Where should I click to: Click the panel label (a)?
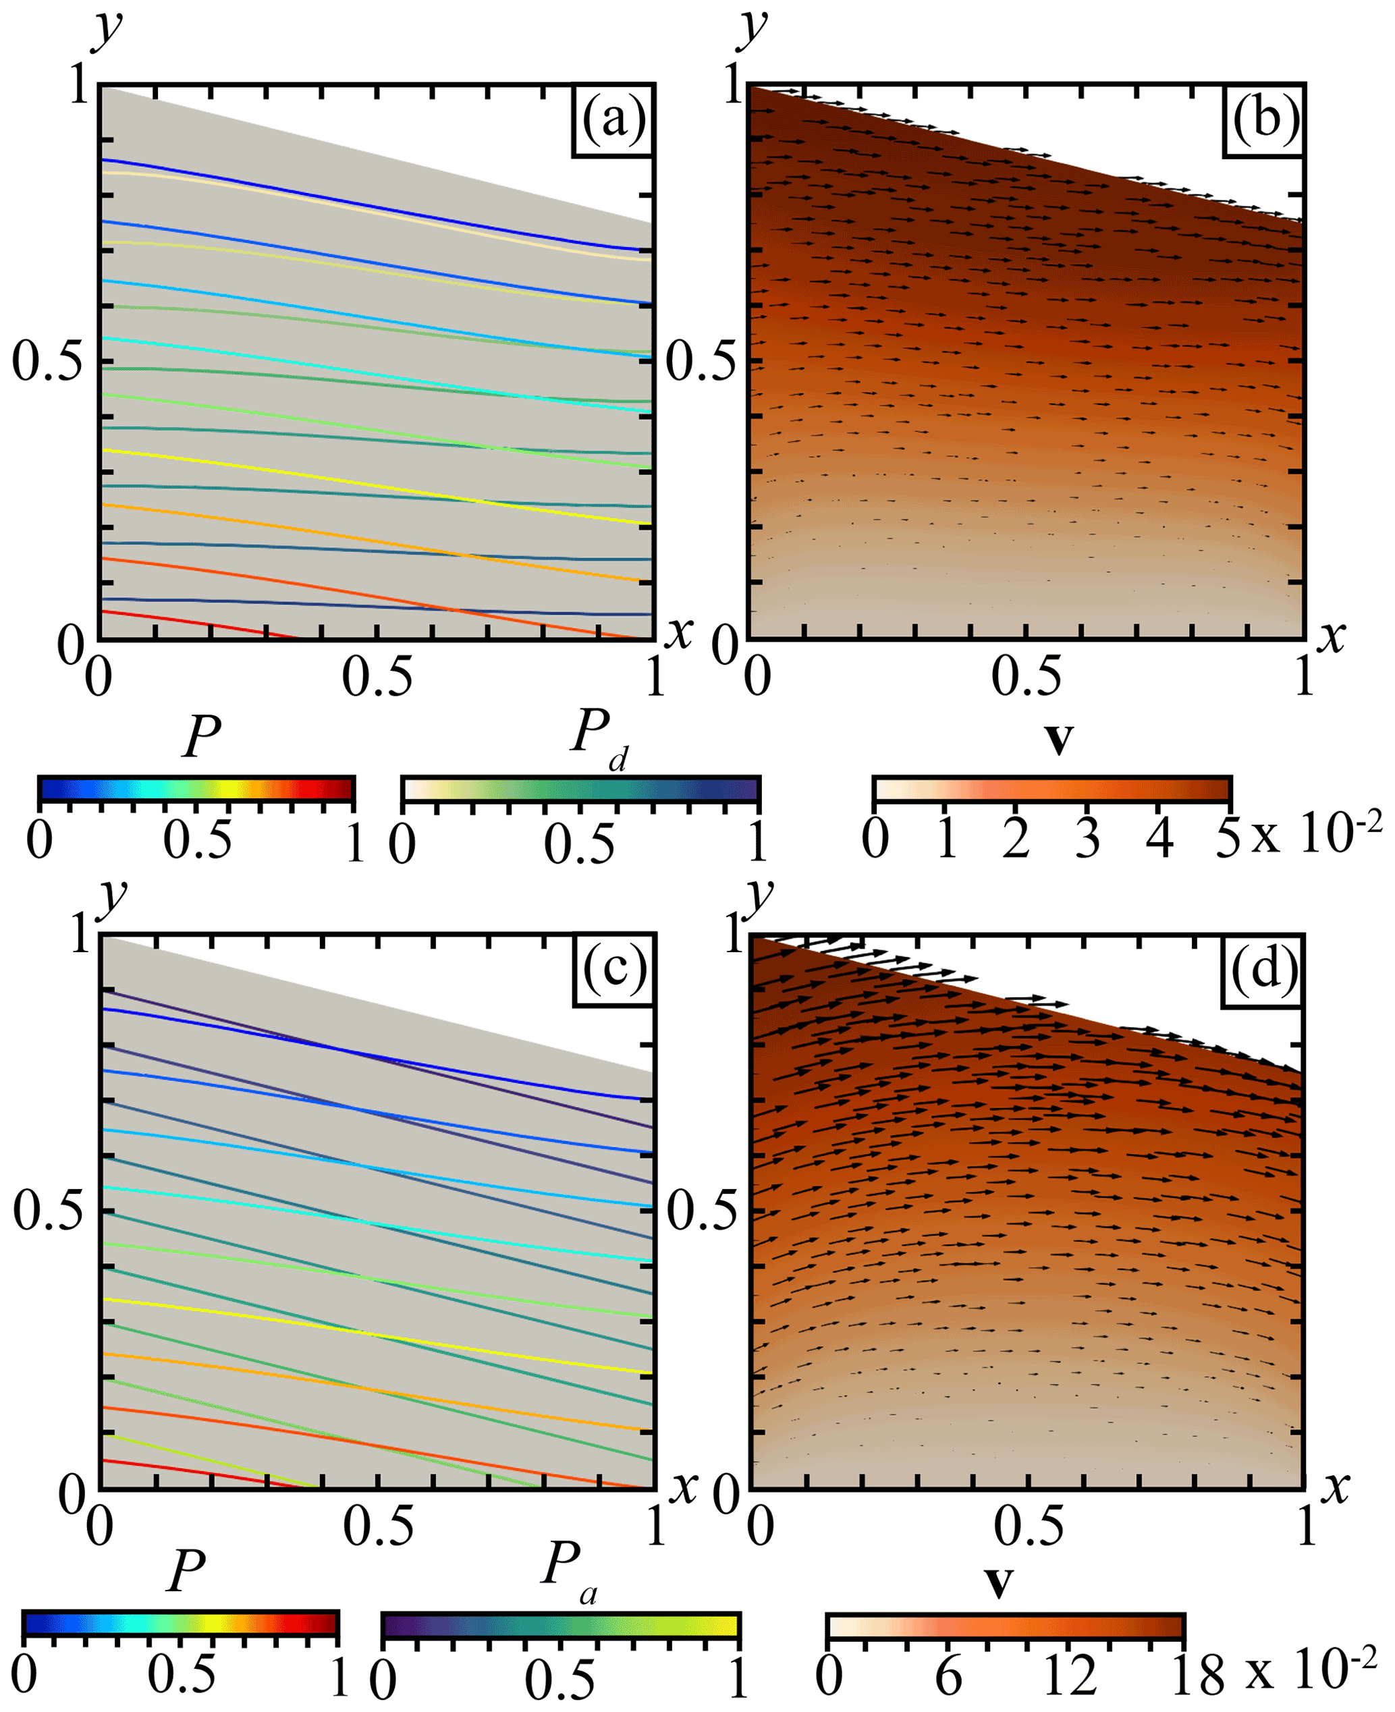613,121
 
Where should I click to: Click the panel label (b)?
1265,121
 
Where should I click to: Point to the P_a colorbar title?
568,1589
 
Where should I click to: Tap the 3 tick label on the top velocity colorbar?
1088,838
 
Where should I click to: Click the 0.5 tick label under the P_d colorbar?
578,844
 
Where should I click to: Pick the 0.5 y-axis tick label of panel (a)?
47,362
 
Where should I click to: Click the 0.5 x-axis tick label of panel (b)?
1025,675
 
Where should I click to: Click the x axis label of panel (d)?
1336,1488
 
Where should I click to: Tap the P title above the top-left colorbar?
201,736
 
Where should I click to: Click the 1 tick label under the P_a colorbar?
738,1679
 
